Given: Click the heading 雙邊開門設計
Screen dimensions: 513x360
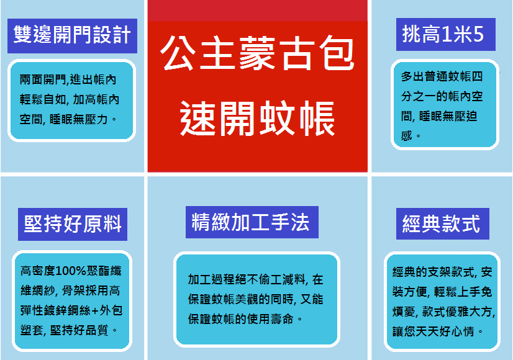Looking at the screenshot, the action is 72,35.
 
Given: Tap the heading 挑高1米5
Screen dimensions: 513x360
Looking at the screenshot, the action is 443,34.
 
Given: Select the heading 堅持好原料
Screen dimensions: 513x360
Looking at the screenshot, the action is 73,224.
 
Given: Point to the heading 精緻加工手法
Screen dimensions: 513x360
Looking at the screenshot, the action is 251,222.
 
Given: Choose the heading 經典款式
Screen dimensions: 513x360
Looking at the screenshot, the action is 441,223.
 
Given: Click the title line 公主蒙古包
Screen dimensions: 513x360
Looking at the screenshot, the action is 257,53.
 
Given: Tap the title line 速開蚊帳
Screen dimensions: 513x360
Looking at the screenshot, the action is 258,118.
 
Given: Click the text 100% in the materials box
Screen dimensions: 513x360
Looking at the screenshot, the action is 71,271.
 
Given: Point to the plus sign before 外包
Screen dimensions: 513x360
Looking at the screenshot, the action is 95,310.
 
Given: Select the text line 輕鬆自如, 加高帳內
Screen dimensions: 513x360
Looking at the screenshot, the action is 70,99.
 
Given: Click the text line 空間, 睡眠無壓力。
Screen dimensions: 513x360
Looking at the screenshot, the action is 68,119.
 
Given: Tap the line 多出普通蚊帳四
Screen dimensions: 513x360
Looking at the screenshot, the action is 442,76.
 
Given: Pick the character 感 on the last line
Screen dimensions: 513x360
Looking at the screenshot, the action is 406,135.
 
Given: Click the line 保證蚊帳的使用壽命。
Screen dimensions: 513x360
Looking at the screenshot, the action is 245,319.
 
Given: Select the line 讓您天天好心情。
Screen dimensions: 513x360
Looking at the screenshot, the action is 438,331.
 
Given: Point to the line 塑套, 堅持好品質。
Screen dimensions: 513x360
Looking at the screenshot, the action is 69,330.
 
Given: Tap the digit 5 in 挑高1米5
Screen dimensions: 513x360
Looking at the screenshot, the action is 478,34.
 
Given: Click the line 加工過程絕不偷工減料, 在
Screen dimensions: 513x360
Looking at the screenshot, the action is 255,279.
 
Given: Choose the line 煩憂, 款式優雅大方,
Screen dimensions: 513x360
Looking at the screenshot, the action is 444,312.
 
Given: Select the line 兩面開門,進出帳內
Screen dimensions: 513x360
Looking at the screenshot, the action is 68,79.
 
